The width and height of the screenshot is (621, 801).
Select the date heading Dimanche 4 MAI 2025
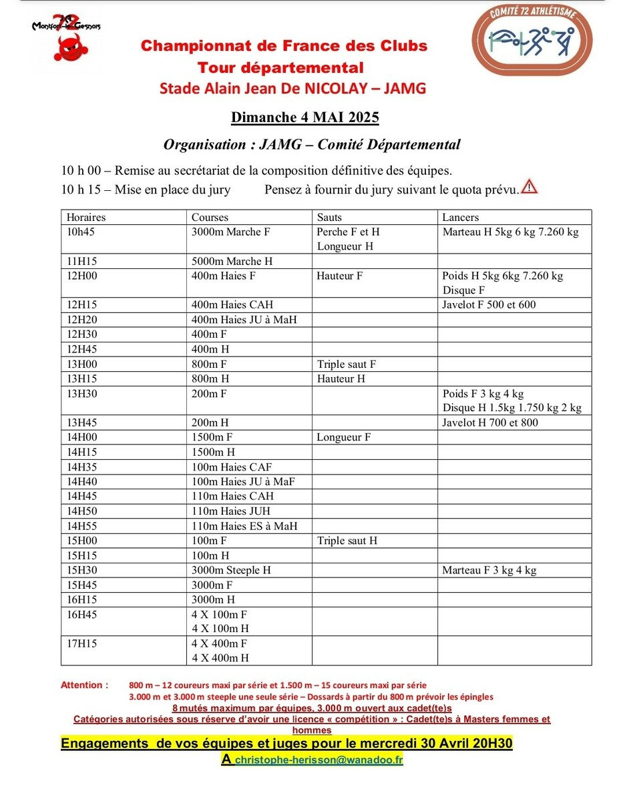point(305,117)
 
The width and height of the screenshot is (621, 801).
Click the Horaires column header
point(86,217)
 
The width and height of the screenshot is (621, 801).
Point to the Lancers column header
point(461,217)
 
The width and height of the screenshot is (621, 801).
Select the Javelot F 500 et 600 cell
point(489,305)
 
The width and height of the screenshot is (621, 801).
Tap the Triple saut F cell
point(347,364)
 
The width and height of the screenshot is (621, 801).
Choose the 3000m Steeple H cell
point(231,570)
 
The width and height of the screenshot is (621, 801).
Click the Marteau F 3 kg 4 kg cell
point(489,570)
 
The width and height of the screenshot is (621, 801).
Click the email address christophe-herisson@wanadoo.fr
point(319,760)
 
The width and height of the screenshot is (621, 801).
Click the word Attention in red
point(84,685)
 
